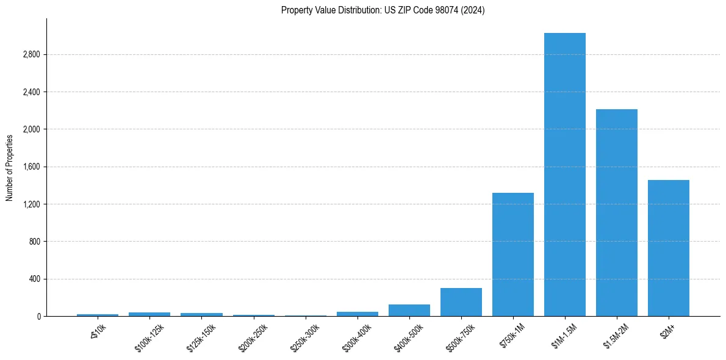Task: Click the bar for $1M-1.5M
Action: (564, 175)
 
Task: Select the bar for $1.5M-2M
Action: (616, 212)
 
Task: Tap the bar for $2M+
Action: (668, 248)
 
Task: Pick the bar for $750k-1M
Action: (512, 254)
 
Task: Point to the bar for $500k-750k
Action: (461, 302)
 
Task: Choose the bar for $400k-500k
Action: (409, 310)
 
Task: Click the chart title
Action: (383, 10)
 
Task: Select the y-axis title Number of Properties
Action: (10, 167)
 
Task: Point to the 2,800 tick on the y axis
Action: (31, 55)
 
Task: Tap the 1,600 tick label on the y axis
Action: (31, 167)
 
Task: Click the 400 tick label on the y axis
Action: (34, 279)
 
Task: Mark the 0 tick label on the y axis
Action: (38, 317)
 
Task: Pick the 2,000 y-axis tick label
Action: (31, 129)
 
